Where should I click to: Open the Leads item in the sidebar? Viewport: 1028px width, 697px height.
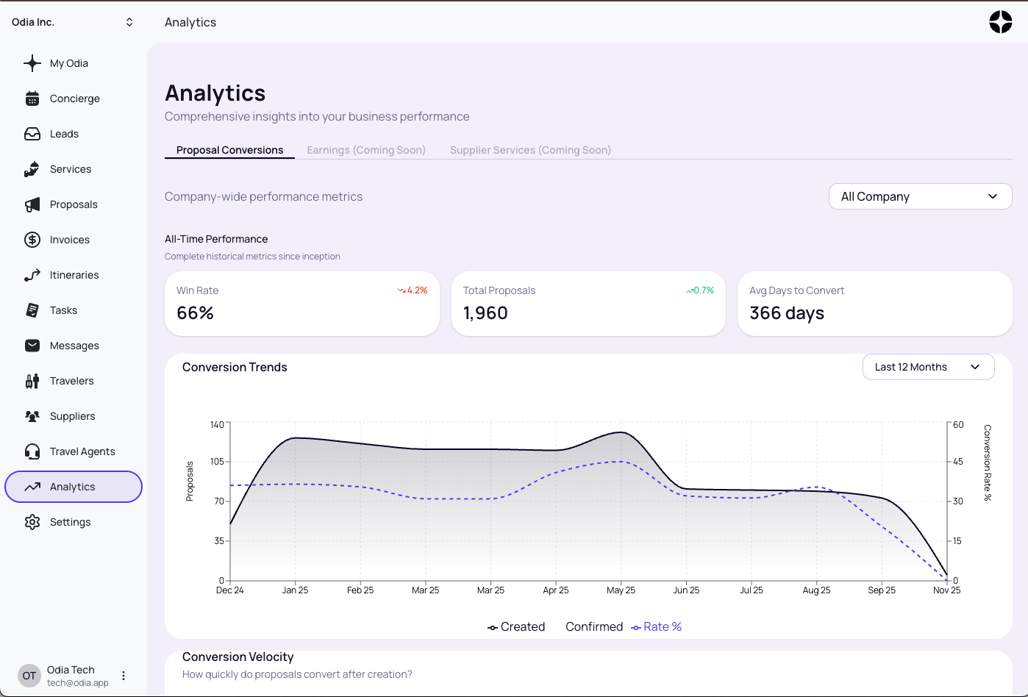point(64,134)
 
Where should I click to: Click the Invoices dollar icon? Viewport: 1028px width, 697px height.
point(32,240)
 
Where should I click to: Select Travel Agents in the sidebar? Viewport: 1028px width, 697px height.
point(82,451)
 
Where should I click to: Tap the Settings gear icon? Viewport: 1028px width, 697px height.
point(32,522)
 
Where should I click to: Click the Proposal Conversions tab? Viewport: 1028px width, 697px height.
point(229,150)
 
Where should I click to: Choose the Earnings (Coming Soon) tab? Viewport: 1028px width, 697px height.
point(365,150)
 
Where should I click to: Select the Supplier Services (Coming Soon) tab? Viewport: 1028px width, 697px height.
point(530,150)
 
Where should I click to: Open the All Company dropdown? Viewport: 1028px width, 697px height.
point(920,196)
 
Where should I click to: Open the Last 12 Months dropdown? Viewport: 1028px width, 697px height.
point(928,367)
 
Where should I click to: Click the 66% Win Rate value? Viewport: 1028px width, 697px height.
point(196,313)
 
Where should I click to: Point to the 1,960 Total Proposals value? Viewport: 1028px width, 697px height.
point(485,313)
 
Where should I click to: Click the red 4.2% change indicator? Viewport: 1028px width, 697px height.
point(413,290)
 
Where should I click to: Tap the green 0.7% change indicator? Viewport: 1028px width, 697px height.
point(700,290)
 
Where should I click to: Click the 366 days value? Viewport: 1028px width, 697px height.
point(787,313)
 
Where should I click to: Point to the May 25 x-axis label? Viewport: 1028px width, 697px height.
point(621,590)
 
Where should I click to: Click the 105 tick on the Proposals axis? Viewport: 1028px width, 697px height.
point(217,462)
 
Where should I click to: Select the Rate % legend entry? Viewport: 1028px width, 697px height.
point(657,626)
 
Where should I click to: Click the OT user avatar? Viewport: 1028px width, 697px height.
point(29,676)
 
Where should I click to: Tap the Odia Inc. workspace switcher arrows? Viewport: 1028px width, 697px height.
point(129,22)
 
